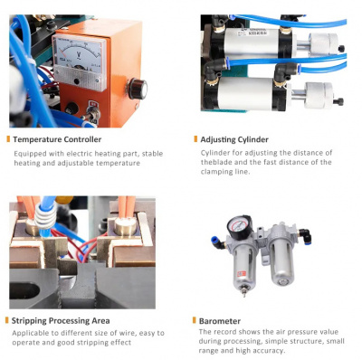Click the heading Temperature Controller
[x=57, y=139]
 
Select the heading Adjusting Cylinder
[x=234, y=140]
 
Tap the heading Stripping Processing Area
[x=61, y=321]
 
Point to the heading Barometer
[x=220, y=321]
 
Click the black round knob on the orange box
[x=138, y=89]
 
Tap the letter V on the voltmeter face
[x=79, y=55]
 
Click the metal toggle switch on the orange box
[x=93, y=114]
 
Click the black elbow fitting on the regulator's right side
[x=305, y=235]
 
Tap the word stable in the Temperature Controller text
[x=152, y=154]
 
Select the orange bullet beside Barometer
[x=195, y=320]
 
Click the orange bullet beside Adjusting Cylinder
[x=195, y=139]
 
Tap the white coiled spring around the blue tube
[x=45, y=216]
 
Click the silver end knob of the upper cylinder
[x=324, y=43]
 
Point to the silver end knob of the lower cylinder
[x=319, y=95]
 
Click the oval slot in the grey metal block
[x=24, y=291]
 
